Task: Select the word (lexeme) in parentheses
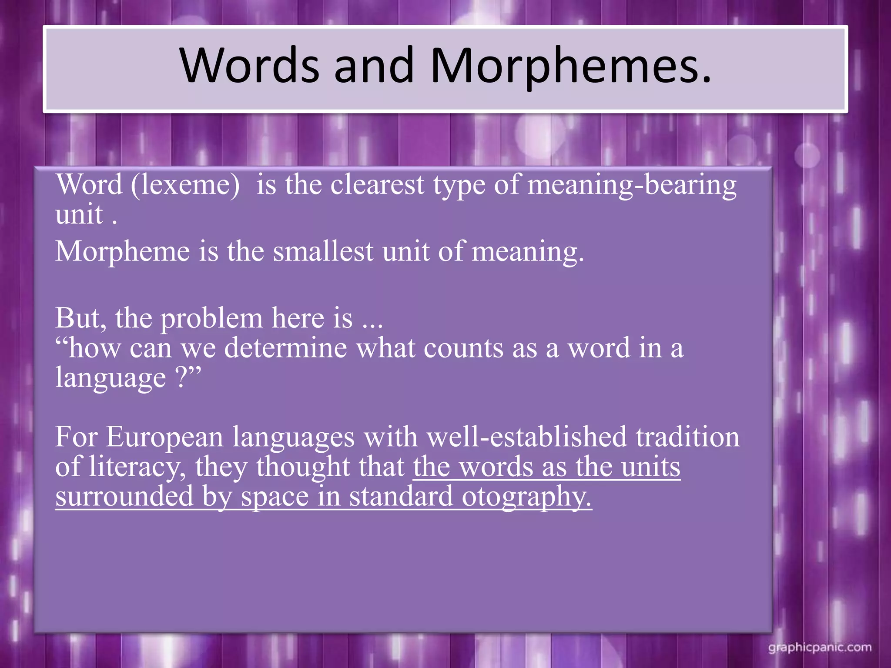coord(185,185)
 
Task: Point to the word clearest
coord(377,185)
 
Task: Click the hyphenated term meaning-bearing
coord(632,185)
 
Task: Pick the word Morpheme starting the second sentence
coord(123,252)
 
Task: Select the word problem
coord(211,319)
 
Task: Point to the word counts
coord(463,348)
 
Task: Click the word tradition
coord(687,437)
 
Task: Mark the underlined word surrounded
coord(124,496)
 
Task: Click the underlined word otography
coord(526,497)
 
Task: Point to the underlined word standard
coord(401,496)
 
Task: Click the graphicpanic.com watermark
coord(820,648)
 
